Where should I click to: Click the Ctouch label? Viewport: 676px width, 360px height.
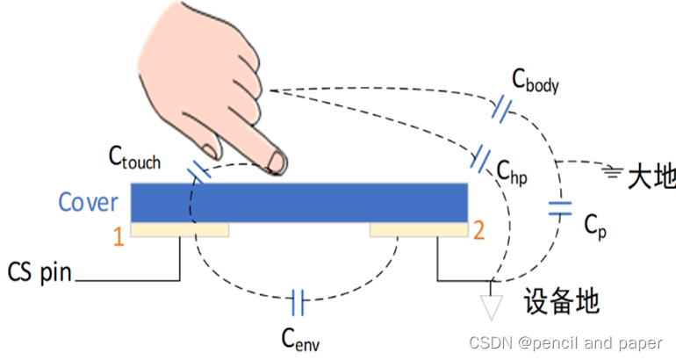point(134,158)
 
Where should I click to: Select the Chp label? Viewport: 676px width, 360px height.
point(511,172)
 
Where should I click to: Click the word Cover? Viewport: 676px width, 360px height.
point(88,202)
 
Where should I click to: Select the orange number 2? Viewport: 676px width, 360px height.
point(478,233)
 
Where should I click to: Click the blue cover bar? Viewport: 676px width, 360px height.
point(298,203)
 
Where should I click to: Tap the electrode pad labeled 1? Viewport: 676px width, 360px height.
point(180,230)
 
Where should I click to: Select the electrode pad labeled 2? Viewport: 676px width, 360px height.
point(418,230)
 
